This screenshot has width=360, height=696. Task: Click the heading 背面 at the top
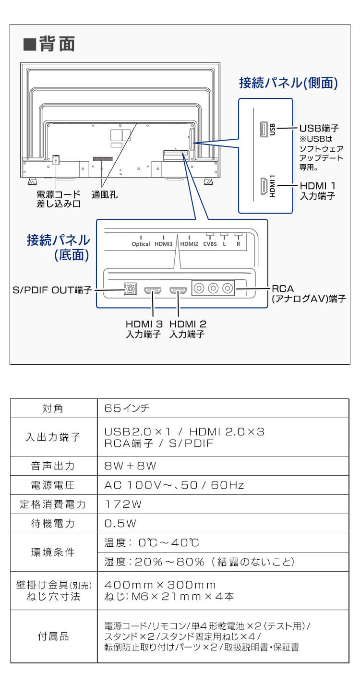pos(49,44)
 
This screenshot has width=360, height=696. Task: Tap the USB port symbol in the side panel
pos(263,129)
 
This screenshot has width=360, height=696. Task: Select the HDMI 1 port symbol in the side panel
pos(263,186)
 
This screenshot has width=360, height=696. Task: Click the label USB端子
pos(319,129)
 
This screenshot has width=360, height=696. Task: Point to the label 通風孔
pos(105,194)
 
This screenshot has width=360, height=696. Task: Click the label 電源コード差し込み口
pos(58,199)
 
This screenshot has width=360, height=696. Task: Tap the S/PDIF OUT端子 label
pos(52,290)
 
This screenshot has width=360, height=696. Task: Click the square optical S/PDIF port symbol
pos(129,290)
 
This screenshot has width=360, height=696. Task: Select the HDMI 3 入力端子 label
pos(143,329)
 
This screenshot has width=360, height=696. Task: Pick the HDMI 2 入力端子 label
pos(187,329)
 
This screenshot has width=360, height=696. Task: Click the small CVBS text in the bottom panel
pos(210,244)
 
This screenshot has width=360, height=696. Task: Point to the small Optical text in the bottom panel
pos(141,244)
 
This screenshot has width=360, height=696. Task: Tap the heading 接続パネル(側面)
pos(288,83)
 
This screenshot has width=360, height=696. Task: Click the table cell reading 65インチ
pos(127,408)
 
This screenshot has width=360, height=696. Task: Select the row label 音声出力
pos(53,466)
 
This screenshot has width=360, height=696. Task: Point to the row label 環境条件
pos(53,552)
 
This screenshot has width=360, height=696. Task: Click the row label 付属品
pos(53,636)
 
